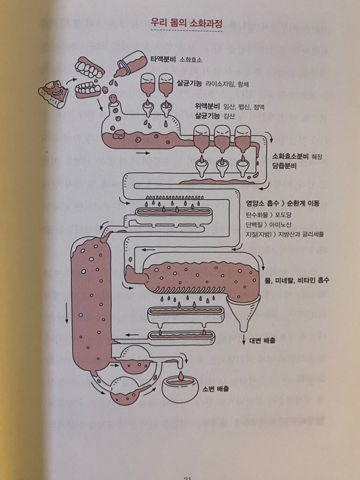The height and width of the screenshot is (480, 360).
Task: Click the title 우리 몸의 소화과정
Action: click(183, 22)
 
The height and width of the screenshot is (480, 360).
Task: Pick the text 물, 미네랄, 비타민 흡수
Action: click(297, 280)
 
